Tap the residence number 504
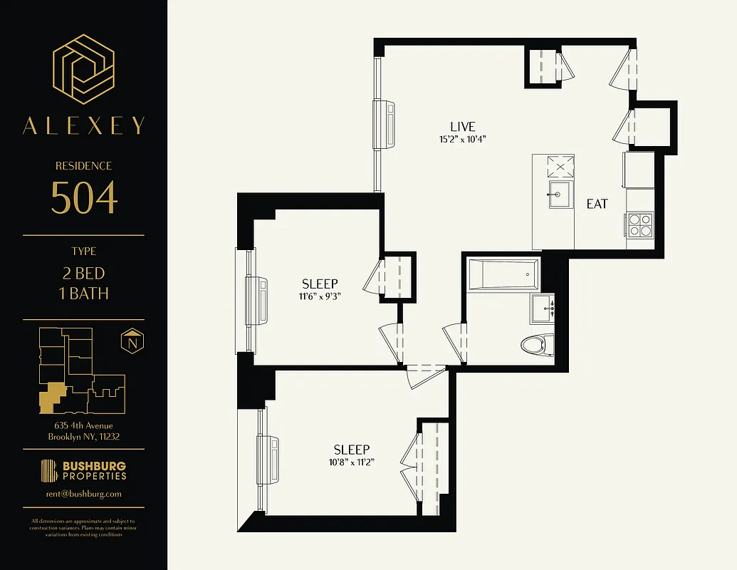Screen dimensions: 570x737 83,197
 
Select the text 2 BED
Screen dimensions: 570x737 83,274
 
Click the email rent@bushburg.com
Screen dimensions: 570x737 83,493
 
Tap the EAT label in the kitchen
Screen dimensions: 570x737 597,204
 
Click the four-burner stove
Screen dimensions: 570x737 639,225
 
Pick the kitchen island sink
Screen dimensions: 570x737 559,195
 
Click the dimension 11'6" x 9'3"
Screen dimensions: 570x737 320,297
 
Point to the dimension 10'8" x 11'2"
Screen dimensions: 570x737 352,462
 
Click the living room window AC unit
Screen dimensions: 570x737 385,125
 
